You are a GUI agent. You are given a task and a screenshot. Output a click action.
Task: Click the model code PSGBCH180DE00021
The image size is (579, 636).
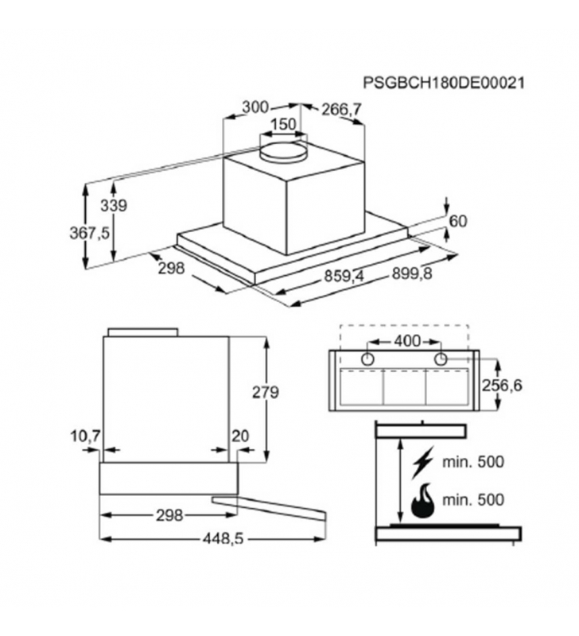click(444, 83)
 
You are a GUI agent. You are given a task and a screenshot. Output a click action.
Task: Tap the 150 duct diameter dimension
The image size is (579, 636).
click(283, 124)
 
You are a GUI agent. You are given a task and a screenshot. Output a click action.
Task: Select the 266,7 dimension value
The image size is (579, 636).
click(341, 109)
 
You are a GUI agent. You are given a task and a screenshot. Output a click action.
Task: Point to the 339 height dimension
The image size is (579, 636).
click(114, 206)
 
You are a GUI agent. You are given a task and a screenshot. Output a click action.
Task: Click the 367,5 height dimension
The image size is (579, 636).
click(90, 233)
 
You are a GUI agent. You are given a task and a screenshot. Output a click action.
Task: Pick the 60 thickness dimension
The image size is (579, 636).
click(458, 221)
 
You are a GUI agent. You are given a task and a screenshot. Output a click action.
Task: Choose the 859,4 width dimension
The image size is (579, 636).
click(344, 276)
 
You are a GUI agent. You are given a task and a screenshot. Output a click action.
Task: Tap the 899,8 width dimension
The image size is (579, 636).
click(412, 273)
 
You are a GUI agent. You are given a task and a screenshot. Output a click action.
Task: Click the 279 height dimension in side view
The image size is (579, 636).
click(266, 393)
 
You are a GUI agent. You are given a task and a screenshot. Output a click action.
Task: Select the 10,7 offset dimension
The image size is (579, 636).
click(85, 436)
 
